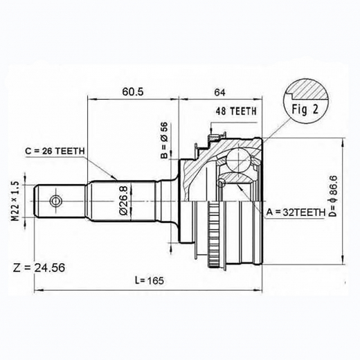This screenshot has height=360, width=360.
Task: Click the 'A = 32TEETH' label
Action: tap(295, 213)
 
